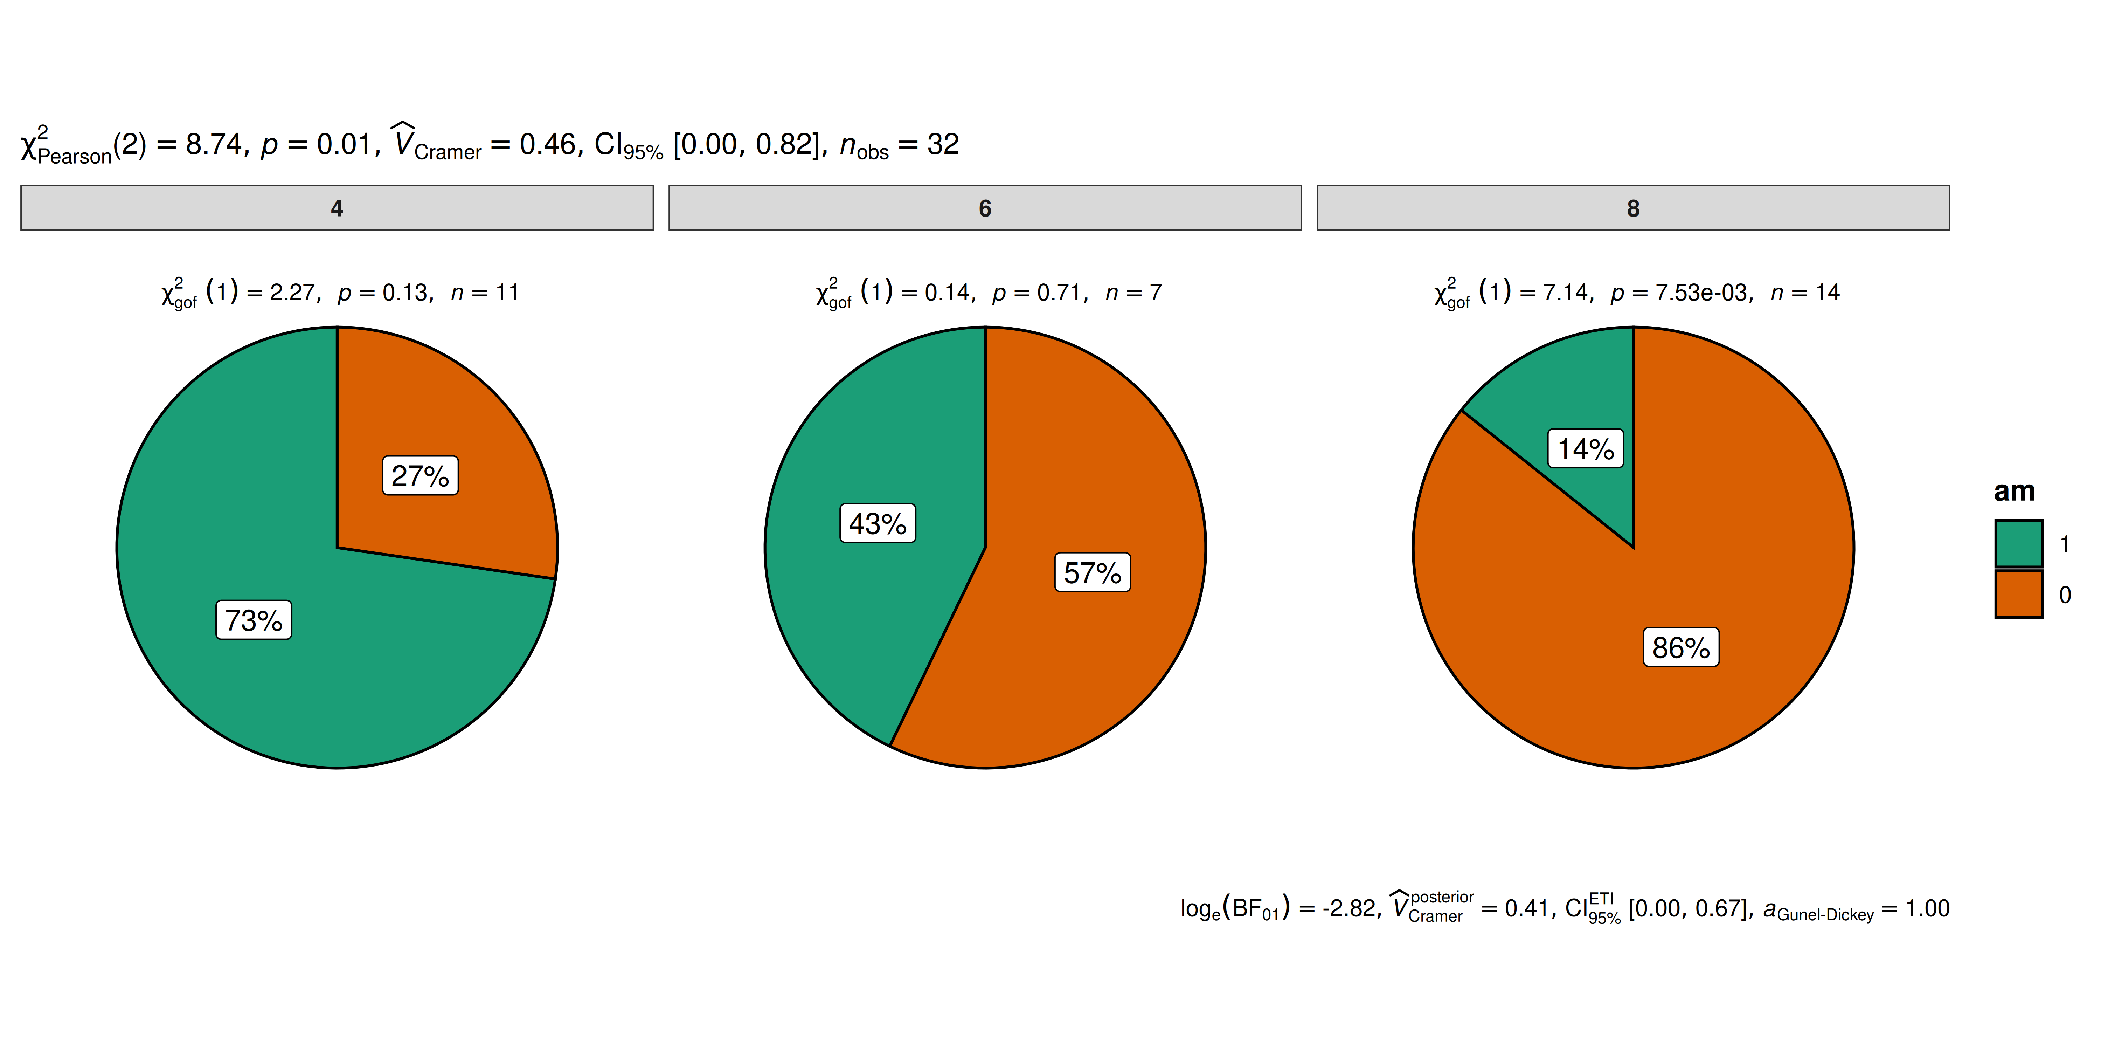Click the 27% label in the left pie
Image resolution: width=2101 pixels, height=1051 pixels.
420,476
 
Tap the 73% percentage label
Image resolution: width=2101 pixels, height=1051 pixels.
254,620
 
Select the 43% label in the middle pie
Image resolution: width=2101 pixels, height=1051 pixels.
878,523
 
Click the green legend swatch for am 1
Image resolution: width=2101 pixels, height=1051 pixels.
2019,543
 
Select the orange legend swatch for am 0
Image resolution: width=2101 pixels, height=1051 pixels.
2019,594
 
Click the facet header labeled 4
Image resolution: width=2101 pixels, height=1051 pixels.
337,208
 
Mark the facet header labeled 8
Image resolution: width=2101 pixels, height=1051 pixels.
1633,208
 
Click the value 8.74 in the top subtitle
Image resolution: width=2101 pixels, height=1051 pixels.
214,144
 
